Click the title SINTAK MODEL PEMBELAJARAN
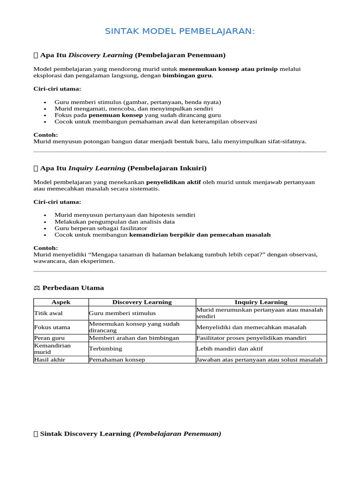click(x=180, y=31)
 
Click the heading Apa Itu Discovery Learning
click(x=133, y=55)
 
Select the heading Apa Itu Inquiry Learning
click(x=123, y=168)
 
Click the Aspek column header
click(x=61, y=302)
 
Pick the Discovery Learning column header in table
click(x=142, y=302)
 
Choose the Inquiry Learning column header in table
click(x=261, y=302)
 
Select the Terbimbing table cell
click(x=105, y=349)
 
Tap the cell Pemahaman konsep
click(x=117, y=360)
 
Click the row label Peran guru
click(x=50, y=338)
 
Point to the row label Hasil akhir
click(x=50, y=360)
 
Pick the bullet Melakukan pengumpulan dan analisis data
click(x=114, y=221)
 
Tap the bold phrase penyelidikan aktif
click(x=173, y=182)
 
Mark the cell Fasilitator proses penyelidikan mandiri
click(x=251, y=338)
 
